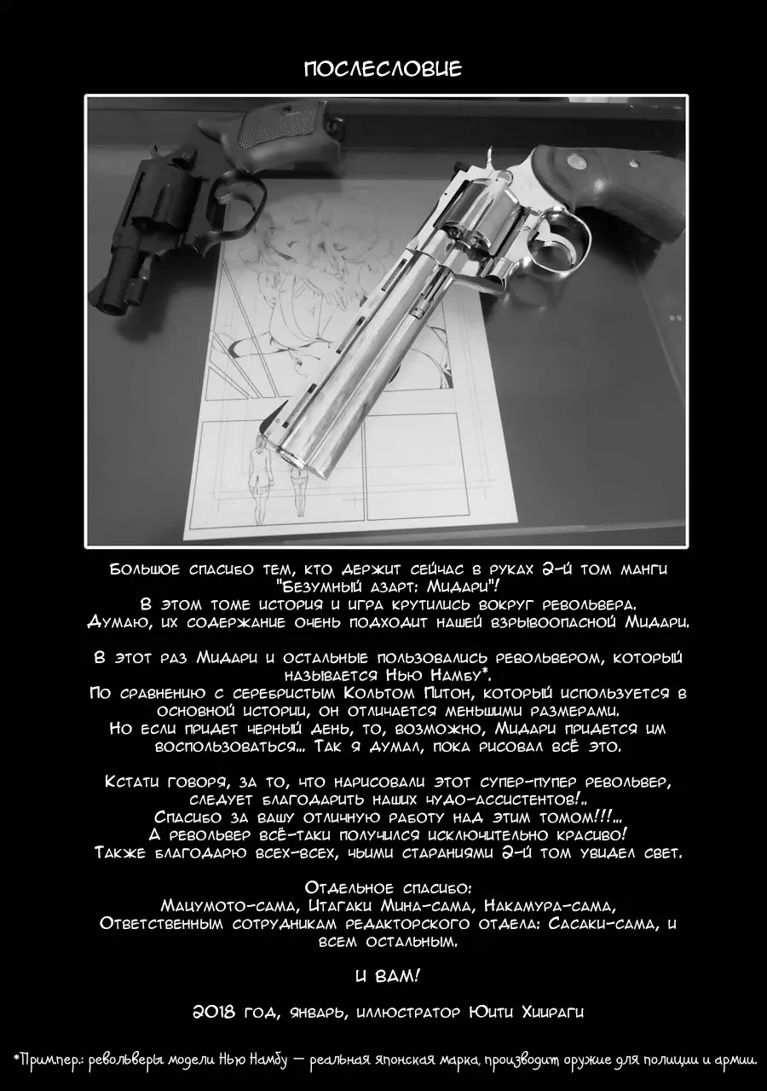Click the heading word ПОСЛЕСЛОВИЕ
point(383,70)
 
